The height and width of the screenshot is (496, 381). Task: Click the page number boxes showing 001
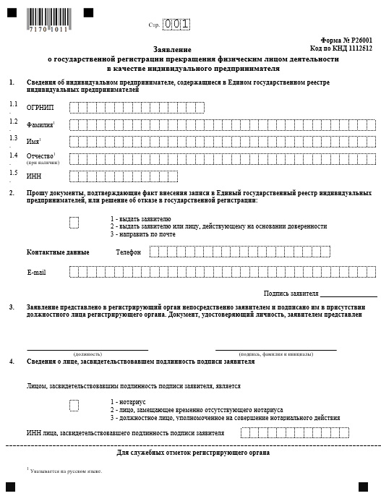click(x=177, y=25)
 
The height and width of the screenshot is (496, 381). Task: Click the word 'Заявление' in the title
click(x=192, y=49)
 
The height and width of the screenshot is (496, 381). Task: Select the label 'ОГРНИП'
click(x=40, y=108)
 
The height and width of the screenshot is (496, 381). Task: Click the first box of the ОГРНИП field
click(x=75, y=108)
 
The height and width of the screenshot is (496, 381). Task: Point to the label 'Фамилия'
click(x=40, y=124)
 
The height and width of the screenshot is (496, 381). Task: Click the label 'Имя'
click(x=33, y=141)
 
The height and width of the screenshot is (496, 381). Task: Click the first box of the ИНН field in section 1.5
click(x=75, y=175)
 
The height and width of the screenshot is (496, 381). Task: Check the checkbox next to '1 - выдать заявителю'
click(x=74, y=223)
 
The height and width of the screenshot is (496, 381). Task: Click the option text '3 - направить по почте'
click(x=142, y=234)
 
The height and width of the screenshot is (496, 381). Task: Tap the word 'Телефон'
click(x=128, y=252)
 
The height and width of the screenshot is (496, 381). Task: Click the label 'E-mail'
click(x=36, y=272)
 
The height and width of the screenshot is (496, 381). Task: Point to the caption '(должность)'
click(x=87, y=354)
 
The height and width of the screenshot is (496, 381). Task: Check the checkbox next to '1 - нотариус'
click(x=74, y=406)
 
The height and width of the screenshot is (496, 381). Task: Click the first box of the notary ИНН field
click(x=247, y=433)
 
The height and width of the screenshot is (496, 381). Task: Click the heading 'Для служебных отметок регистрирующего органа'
click(x=193, y=453)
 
